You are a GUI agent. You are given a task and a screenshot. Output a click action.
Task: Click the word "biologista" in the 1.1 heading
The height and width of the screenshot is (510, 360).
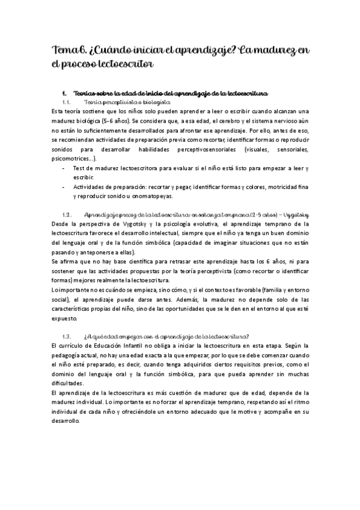140,103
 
